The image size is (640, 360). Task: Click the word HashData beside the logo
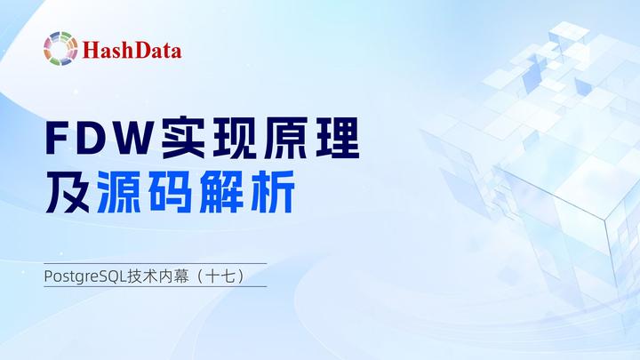[x=132, y=49]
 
